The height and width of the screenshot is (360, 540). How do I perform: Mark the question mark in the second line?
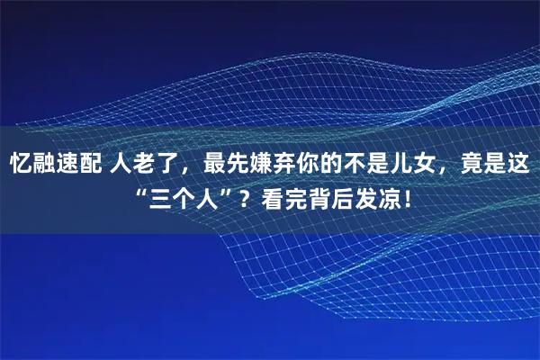point(244,197)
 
